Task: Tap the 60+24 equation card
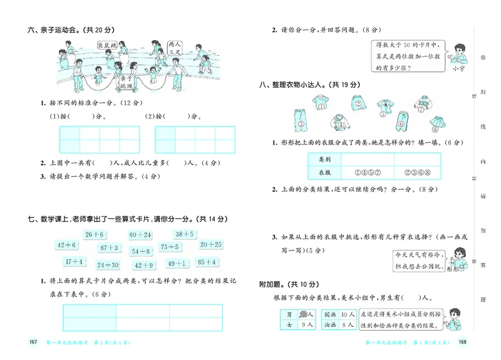140,235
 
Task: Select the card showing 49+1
178,264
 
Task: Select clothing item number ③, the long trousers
300,117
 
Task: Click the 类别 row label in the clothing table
324,159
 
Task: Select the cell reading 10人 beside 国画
348,314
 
